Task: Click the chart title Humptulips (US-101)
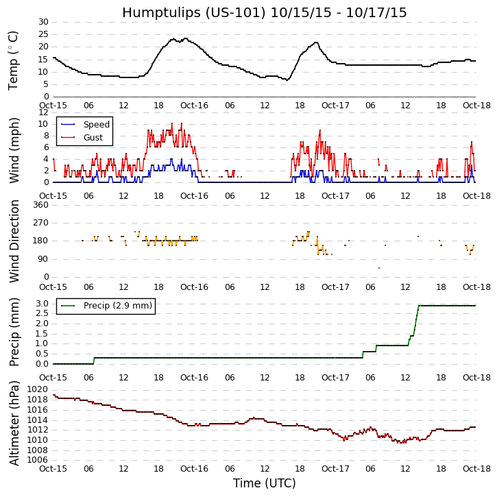click(264, 13)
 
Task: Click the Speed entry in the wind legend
click(96, 125)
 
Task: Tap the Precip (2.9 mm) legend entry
click(117, 306)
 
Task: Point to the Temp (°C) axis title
click(14, 60)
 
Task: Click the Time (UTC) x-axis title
click(264, 483)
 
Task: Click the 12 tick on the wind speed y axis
click(43, 112)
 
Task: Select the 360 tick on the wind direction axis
click(40, 205)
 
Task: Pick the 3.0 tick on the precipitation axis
click(42, 304)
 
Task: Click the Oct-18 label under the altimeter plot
click(476, 469)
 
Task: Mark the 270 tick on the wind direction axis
click(40, 223)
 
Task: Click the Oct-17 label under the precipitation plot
click(335, 378)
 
